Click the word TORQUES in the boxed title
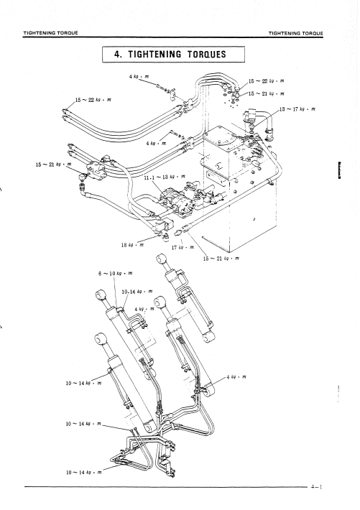pos(207,54)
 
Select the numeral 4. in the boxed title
pos(118,54)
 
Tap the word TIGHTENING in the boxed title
pos(154,54)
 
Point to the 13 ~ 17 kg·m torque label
pos(297,109)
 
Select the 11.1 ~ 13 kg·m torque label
pos(165,177)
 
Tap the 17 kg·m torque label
pos(183,247)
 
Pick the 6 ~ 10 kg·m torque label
pos(115,273)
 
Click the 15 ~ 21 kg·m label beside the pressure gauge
pos(53,164)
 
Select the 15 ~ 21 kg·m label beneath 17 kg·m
pos(221,259)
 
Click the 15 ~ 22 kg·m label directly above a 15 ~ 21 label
pos(267,81)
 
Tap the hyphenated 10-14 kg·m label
pos(137,292)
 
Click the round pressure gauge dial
pos(82,177)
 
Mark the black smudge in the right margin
pos(339,170)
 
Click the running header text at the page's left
pos(50,33)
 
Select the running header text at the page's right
pos(296,33)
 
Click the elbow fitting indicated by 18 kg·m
pos(165,237)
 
